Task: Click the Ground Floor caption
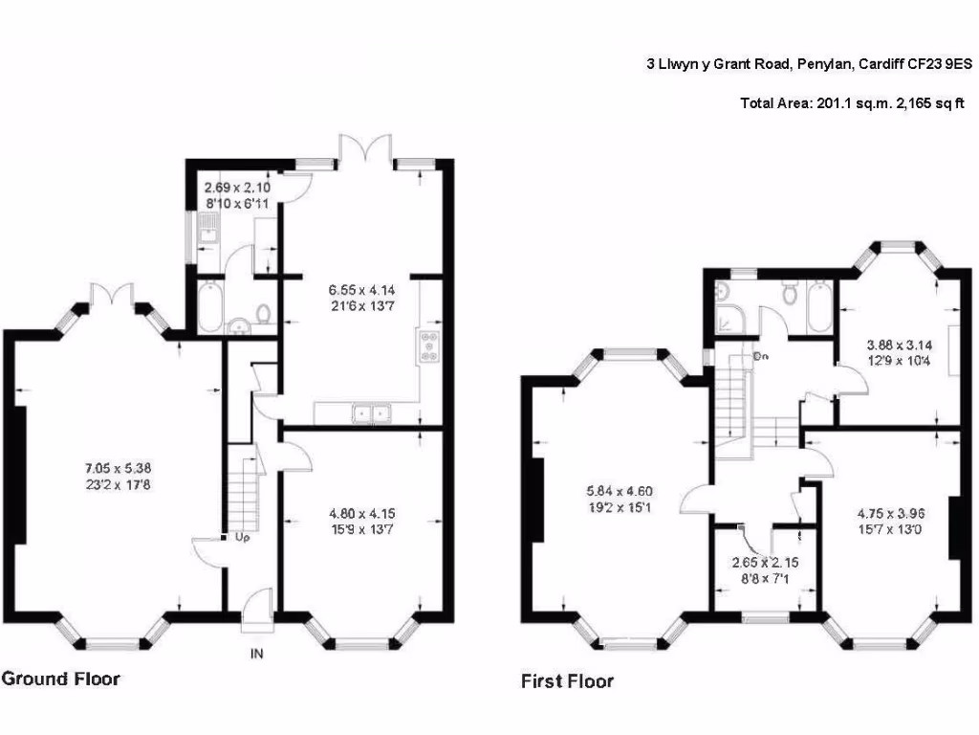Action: [x=61, y=679]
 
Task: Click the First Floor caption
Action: [x=567, y=682]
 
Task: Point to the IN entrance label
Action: [x=256, y=655]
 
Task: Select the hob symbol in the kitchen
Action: [x=427, y=347]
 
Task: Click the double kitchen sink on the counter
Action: [x=371, y=414]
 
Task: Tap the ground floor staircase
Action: [x=244, y=493]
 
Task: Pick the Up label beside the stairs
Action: [x=242, y=538]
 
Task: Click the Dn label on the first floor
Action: [x=762, y=356]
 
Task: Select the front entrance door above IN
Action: [x=256, y=611]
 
